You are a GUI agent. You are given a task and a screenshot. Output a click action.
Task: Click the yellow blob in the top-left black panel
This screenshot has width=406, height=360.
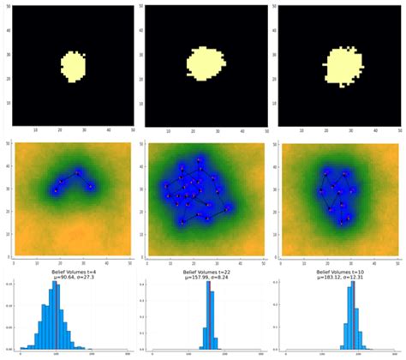click(x=74, y=65)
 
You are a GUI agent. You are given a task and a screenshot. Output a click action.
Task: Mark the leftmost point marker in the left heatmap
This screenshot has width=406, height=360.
click(x=55, y=189)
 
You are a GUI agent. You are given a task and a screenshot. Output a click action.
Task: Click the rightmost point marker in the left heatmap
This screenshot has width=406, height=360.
click(x=90, y=184)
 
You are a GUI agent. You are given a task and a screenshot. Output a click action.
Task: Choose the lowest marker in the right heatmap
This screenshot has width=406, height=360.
click(x=343, y=221)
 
